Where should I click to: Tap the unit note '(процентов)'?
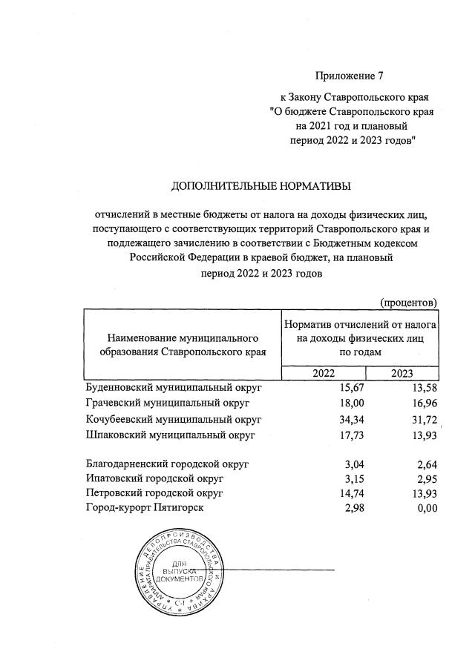pyautogui.click(x=408, y=303)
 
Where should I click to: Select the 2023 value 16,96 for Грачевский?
pyautogui.click(x=423, y=403)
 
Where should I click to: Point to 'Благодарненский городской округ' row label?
pyautogui.click(x=167, y=464)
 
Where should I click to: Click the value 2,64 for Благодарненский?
pyautogui.click(x=426, y=464)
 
